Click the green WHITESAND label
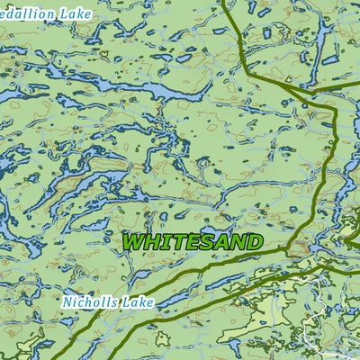(192, 242)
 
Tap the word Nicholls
(94, 302)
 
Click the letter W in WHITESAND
(133, 242)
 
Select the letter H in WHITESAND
(151, 242)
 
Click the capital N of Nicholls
(68, 302)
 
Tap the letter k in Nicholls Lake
(146, 302)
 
